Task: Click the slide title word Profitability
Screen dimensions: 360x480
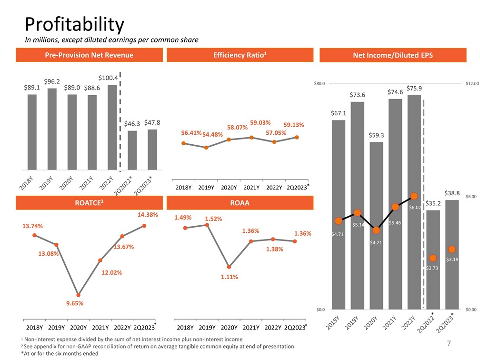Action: point(74,24)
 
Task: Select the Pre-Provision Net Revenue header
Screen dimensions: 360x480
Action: point(89,55)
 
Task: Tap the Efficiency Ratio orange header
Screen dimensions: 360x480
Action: point(240,55)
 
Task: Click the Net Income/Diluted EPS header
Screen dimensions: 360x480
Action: point(393,56)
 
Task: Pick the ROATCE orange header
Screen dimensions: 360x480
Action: point(89,203)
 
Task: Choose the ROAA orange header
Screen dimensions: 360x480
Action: point(240,203)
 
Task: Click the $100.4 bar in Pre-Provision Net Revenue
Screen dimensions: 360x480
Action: point(112,127)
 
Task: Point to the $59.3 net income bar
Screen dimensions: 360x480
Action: point(376,224)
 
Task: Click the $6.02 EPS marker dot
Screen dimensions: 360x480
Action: point(414,196)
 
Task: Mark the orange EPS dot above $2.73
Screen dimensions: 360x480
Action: point(432,258)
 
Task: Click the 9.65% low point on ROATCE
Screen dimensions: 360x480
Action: point(78,295)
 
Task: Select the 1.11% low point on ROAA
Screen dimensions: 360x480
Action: point(229,267)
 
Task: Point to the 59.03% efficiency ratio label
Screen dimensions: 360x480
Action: point(260,123)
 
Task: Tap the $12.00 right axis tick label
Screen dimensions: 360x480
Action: point(472,84)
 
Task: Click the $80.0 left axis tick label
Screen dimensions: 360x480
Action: point(319,84)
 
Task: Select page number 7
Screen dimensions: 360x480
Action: point(449,343)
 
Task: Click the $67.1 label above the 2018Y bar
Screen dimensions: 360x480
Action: point(339,113)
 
